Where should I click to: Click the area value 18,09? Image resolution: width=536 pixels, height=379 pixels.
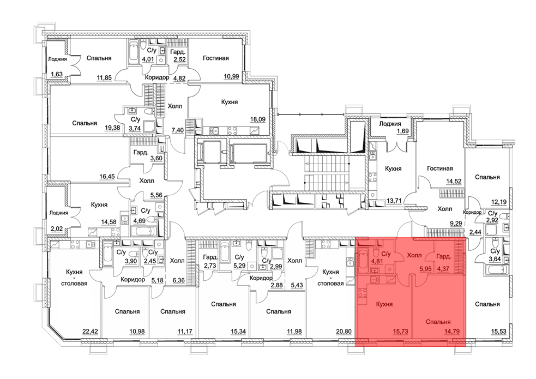[258, 119]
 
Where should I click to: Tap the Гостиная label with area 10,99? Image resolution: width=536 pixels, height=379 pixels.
[216, 58]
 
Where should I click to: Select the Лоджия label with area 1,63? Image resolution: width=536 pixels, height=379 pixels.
[57, 59]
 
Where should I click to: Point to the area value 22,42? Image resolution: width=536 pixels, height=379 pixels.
[90, 332]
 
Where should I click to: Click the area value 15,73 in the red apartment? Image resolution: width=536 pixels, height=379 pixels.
[400, 332]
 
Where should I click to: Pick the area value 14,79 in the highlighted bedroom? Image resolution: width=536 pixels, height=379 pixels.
[452, 332]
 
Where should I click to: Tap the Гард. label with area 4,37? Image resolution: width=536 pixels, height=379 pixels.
[444, 257]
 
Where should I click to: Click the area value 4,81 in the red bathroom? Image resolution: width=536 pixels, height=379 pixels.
[377, 261]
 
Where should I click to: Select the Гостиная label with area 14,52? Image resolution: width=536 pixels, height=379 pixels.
[440, 168]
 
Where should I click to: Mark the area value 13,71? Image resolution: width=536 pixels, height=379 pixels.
[394, 201]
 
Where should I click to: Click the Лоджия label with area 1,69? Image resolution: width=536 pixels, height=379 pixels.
[390, 124]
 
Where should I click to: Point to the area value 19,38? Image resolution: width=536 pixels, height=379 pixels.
[112, 128]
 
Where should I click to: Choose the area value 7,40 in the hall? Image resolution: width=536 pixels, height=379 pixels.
[178, 131]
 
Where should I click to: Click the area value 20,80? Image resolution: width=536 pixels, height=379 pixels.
[344, 332]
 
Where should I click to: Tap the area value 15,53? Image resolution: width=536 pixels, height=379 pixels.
[498, 332]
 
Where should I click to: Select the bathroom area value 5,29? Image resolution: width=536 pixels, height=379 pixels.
[239, 266]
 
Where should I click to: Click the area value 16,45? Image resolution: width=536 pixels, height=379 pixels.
[107, 177]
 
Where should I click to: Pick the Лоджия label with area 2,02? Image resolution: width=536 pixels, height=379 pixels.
[59, 213]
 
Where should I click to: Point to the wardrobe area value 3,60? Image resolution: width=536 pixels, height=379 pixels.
[156, 158]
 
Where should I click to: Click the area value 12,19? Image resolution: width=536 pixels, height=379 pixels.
[498, 202]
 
